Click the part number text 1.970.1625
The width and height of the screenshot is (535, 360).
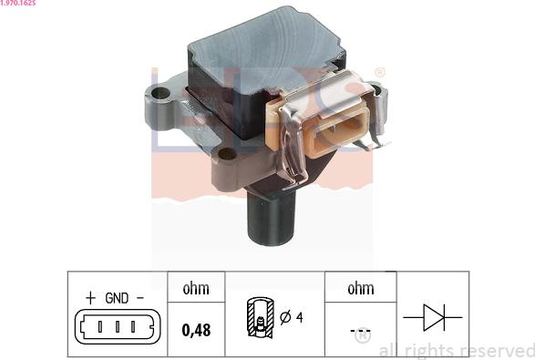point(17,3)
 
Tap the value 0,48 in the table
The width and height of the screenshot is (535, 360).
point(196,330)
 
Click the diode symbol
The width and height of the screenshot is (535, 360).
point(433,317)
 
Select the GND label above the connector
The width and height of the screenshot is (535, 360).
point(117,298)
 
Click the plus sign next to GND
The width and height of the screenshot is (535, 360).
point(90,298)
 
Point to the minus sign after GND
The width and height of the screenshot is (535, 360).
point(140,298)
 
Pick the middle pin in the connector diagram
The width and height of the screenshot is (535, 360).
point(117,326)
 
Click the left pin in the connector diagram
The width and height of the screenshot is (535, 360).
point(100,326)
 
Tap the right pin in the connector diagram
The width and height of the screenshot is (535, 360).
point(133,326)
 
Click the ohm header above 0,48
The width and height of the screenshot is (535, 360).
point(196,289)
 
